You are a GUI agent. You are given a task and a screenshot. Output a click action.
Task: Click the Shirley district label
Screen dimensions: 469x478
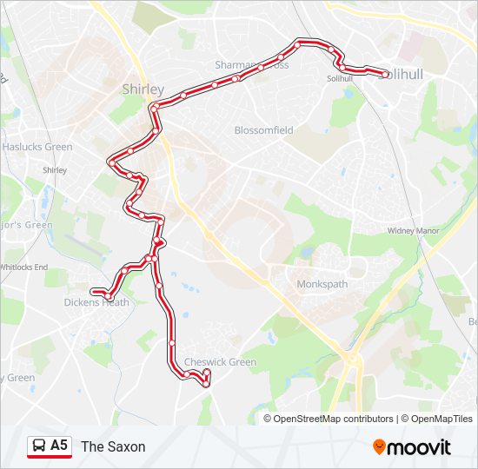(143, 89)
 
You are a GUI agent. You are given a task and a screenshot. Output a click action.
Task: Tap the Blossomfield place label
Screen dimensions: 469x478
(263, 130)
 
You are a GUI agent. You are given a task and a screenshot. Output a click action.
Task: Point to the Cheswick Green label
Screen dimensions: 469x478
(220, 362)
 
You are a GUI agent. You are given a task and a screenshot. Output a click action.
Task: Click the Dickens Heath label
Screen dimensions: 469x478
(96, 302)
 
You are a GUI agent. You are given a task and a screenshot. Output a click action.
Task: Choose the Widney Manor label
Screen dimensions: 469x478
(413, 231)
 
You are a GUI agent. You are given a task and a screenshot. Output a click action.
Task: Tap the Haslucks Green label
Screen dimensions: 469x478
(37, 147)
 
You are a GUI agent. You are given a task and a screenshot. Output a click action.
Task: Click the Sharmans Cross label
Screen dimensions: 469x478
(251, 65)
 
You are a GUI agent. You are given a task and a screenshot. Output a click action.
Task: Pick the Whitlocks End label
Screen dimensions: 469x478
(23, 267)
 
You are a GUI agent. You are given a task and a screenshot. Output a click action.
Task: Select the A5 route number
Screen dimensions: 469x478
(59, 446)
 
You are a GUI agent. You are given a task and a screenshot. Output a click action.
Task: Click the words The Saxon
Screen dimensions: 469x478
(113, 446)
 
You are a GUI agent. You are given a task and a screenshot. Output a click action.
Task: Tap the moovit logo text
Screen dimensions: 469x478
(420, 447)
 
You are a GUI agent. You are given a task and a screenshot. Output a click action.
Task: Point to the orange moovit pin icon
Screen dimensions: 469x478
(379, 446)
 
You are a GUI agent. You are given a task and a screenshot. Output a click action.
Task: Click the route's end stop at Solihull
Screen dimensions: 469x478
(385, 75)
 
